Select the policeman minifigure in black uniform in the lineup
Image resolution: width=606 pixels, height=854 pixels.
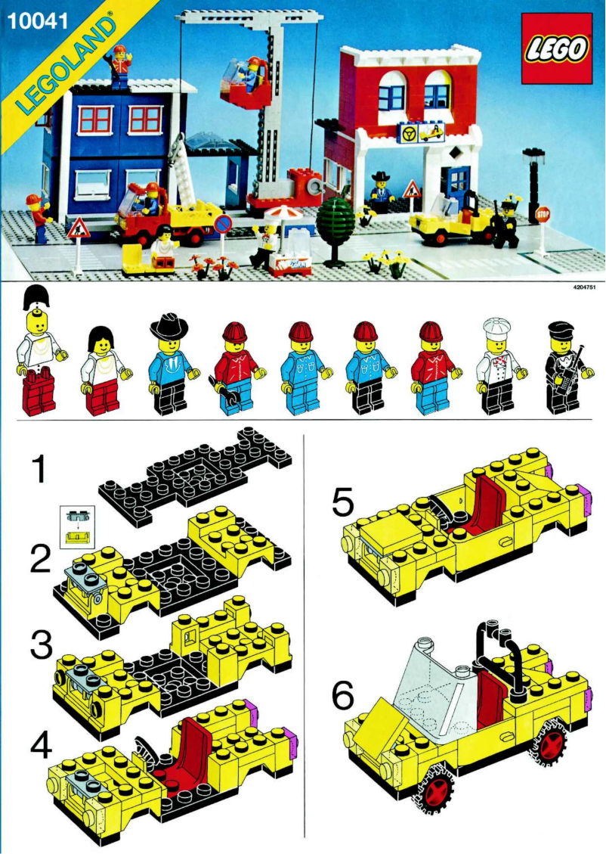point(561,368)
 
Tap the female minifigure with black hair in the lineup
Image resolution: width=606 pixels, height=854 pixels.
point(102,371)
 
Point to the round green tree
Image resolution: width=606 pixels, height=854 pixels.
point(335,220)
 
